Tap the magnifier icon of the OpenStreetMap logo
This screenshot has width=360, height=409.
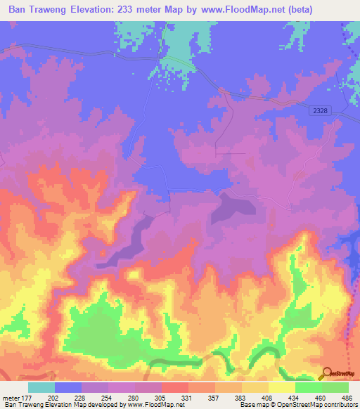(326, 372)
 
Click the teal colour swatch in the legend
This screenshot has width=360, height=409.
(41, 387)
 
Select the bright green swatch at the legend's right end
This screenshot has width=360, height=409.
(335, 387)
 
